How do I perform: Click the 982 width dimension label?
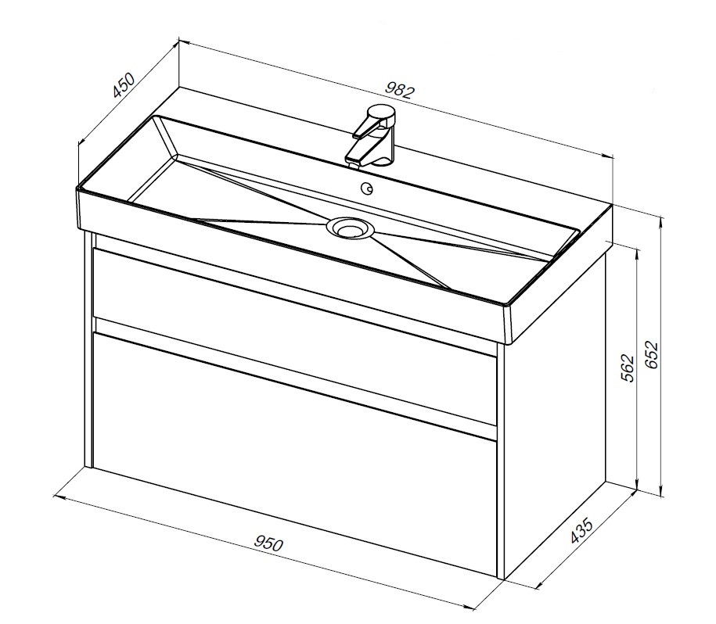click(x=400, y=91)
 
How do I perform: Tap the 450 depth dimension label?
click(x=124, y=84)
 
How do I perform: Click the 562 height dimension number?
click(x=628, y=368)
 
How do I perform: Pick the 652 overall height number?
click(x=652, y=355)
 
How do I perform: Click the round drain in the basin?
click(x=351, y=227)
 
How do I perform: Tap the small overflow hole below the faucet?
click(x=367, y=188)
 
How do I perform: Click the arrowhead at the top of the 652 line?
click(x=660, y=221)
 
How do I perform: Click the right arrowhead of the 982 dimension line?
click(x=606, y=156)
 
